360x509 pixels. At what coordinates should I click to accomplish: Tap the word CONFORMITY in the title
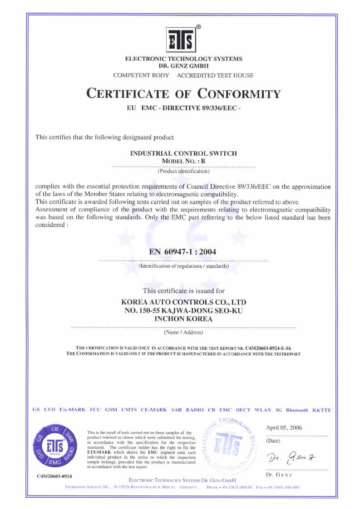(x=239, y=94)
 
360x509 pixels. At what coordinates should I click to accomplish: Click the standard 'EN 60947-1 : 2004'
(x=183, y=252)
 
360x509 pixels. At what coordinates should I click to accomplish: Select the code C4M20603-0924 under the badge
(x=54, y=476)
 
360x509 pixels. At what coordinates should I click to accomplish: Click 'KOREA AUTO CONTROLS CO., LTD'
(x=183, y=302)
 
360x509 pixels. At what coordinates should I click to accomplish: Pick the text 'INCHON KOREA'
(x=183, y=319)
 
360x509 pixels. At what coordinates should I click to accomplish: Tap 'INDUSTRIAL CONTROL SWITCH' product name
(x=183, y=153)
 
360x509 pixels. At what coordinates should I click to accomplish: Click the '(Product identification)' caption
(x=183, y=171)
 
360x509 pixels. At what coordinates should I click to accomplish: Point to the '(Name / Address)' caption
(x=183, y=333)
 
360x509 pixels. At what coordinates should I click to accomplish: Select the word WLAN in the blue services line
(x=263, y=410)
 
